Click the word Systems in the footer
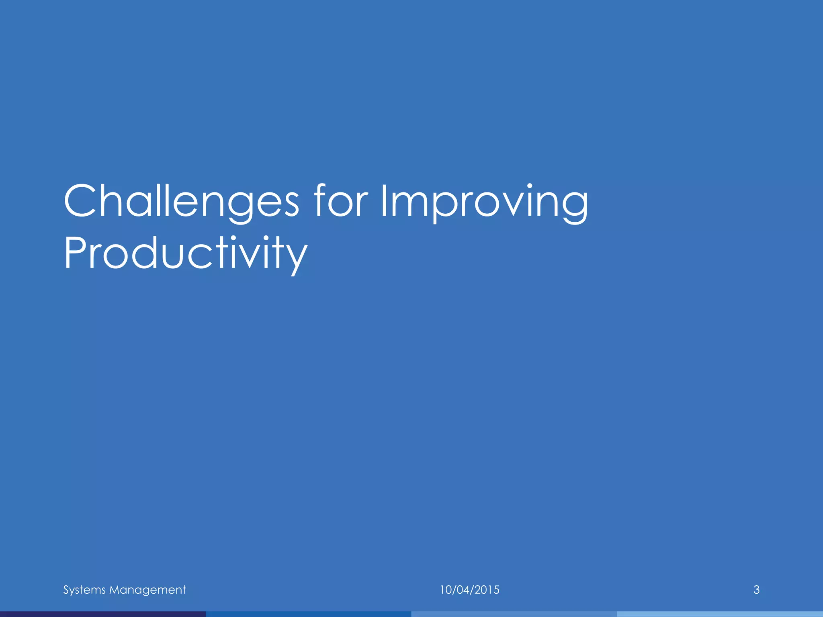click(x=84, y=590)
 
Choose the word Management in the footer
click(x=147, y=590)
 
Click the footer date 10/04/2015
click(x=469, y=590)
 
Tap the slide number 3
click(x=756, y=590)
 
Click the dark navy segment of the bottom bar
click(x=103, y=614)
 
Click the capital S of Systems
click(x=66, y=590)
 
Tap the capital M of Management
click(x=115, y=590)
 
